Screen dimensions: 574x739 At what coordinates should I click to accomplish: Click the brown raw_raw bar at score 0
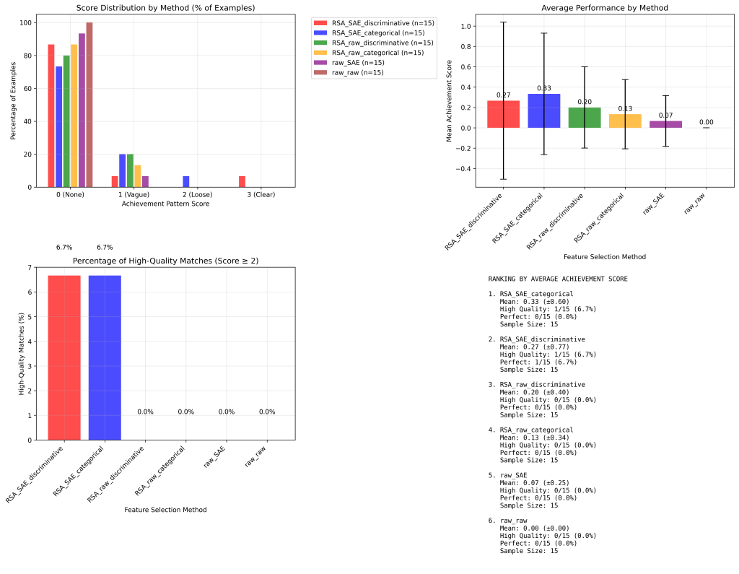(89, 105)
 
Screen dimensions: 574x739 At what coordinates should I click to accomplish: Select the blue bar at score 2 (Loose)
(186, 181)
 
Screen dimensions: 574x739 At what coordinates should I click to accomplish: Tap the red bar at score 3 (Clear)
(242, 181)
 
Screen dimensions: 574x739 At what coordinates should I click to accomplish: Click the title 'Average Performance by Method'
(605, 8)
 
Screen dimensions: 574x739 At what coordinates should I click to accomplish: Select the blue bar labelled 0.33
(544, 111)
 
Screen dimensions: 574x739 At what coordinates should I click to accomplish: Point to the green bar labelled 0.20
(585, 118)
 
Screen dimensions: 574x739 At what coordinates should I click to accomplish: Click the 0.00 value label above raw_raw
(706, 123)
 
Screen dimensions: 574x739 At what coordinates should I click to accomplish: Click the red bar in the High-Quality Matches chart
(64, 357)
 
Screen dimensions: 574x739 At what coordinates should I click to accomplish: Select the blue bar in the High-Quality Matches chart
(105, 357)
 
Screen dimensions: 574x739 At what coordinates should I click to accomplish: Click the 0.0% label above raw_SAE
(227, 412)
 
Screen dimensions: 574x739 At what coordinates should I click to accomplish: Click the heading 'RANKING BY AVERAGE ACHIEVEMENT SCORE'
(558, 279)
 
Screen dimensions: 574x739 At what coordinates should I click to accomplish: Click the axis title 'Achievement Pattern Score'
(165, 204)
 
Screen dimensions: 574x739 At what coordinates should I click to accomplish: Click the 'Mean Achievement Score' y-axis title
(450, 101)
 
